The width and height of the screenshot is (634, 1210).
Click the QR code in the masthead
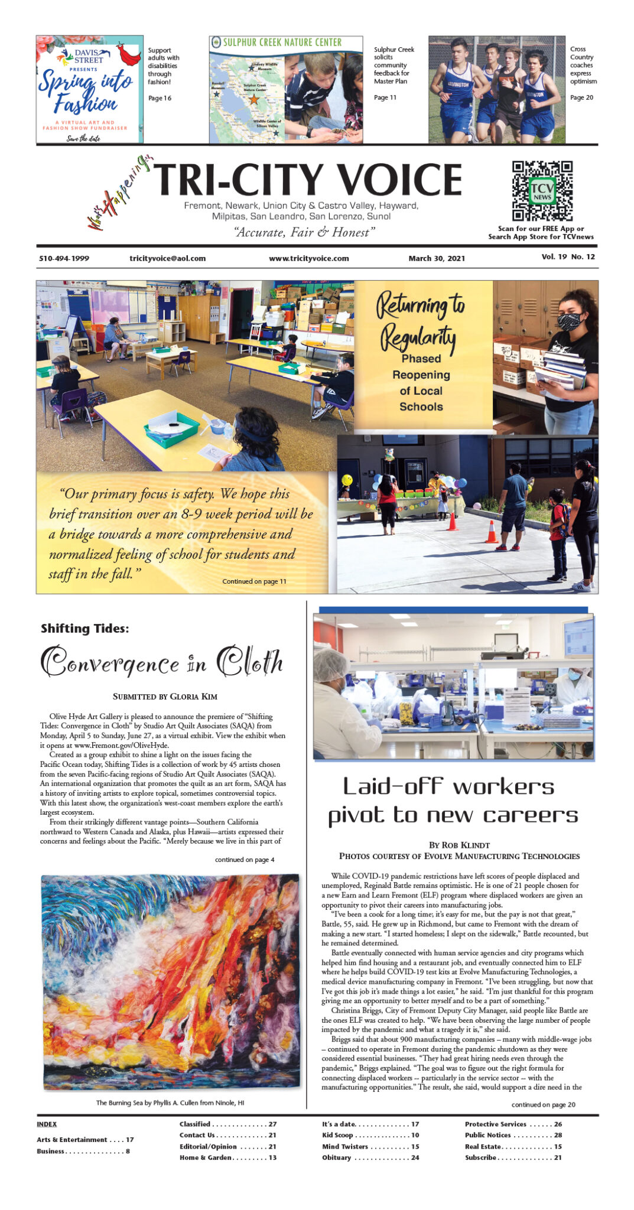coord(542,190)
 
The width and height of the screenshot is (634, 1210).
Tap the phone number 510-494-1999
coord(64,258)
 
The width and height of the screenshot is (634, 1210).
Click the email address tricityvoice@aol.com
coord(167,258)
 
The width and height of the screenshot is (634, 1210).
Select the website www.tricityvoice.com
coord(308,258)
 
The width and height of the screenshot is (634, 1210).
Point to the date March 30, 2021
coord(437,258)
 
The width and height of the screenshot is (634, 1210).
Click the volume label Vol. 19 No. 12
coord(568,257)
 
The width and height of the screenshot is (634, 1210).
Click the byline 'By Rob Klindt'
coord(459,845)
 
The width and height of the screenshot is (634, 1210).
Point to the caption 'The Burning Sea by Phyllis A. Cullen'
coord(170,1102)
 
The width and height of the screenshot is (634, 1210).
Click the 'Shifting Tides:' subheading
coord(84,629)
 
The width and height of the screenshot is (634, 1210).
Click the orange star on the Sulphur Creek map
coord(254,99)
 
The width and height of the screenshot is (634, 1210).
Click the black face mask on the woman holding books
coord(569,321)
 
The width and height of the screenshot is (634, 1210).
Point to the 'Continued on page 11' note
coord(254,581)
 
